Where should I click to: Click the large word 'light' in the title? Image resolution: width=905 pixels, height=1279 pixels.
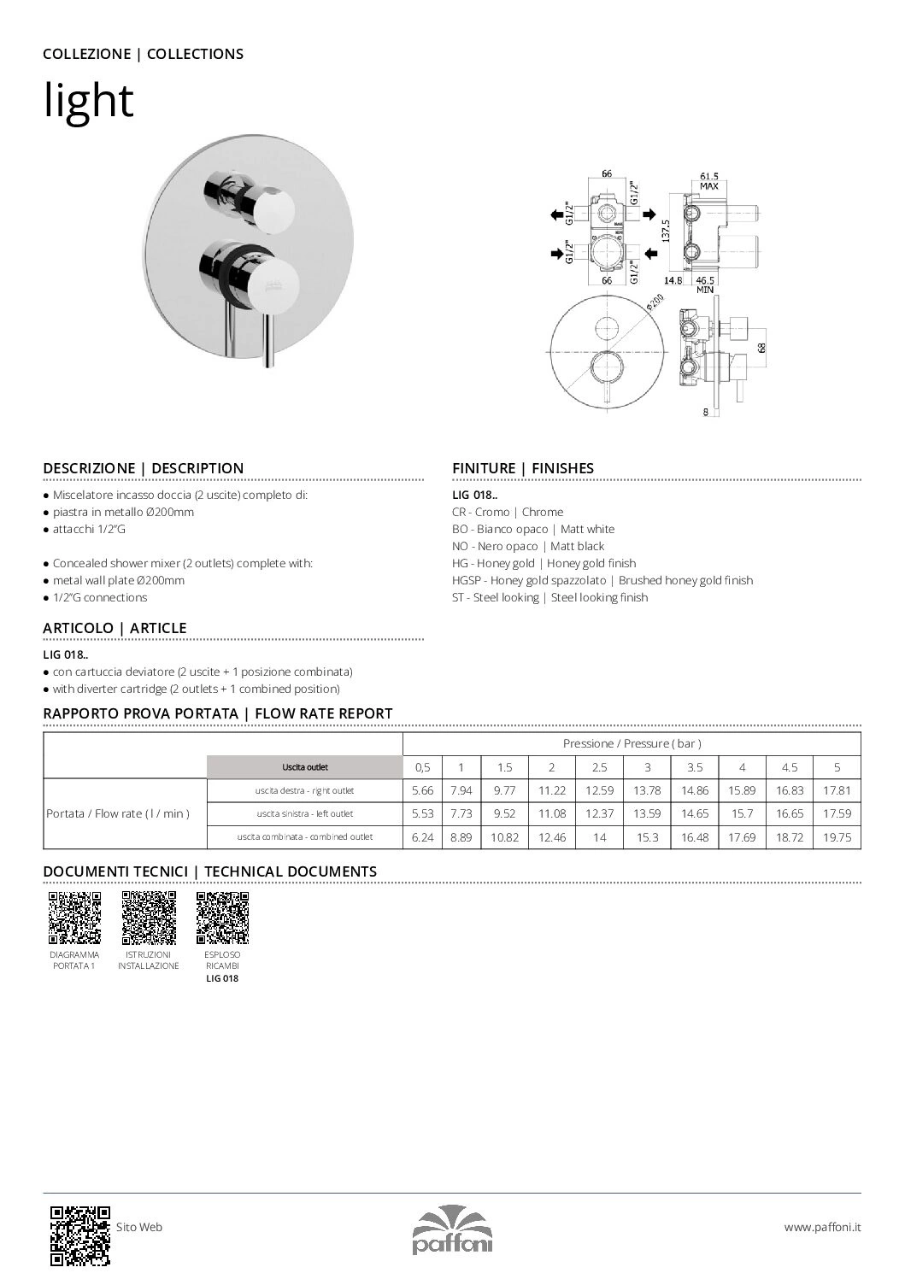click(x=89, y=101)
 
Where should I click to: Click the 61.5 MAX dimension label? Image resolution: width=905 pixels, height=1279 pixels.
click(x=708, y=179)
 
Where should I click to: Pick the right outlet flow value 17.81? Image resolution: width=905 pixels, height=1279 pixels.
click(x=837, y=791)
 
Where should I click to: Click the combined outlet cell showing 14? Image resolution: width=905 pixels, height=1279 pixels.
click(x=599, y=837)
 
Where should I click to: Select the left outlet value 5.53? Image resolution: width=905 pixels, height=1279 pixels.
click(x=422, y=814)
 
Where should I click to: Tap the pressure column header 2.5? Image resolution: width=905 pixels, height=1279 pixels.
click(x=599, y=767)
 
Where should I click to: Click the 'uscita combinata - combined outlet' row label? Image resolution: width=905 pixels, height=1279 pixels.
click(x=305, y=837)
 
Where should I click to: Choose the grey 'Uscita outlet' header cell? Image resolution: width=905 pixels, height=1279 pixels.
click(x=305, y=767)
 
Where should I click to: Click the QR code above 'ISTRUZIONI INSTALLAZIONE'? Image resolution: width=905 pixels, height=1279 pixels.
click(x=149, y=917)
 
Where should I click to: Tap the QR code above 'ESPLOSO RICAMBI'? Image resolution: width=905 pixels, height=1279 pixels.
click(x=222, y=917)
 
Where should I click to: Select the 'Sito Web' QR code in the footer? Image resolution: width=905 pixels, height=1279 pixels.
click(x=80, y=1235)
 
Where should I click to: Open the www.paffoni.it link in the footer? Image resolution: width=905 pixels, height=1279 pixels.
click(x=822, y=1227)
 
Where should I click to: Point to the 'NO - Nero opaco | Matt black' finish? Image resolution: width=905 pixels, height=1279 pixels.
click(x=527, y=546)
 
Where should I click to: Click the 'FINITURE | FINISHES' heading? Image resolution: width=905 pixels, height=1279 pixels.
click(x=522, y=468)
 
